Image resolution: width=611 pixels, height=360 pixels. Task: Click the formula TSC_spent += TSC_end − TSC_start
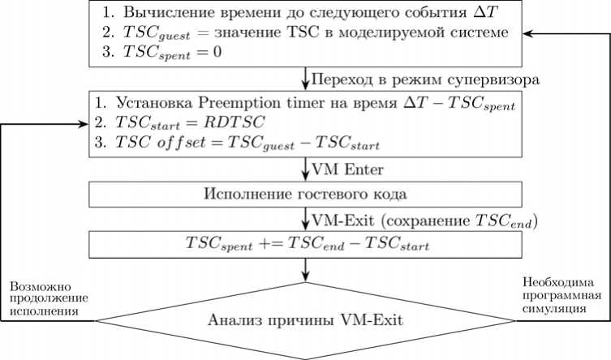pyautogui.click(x=305, y=243)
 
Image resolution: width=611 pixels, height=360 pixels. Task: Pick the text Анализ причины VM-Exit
pyautogui.click(x=305, y=319)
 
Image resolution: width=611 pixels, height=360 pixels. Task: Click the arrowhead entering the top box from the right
pyautogui.click(x=528, y=34)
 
